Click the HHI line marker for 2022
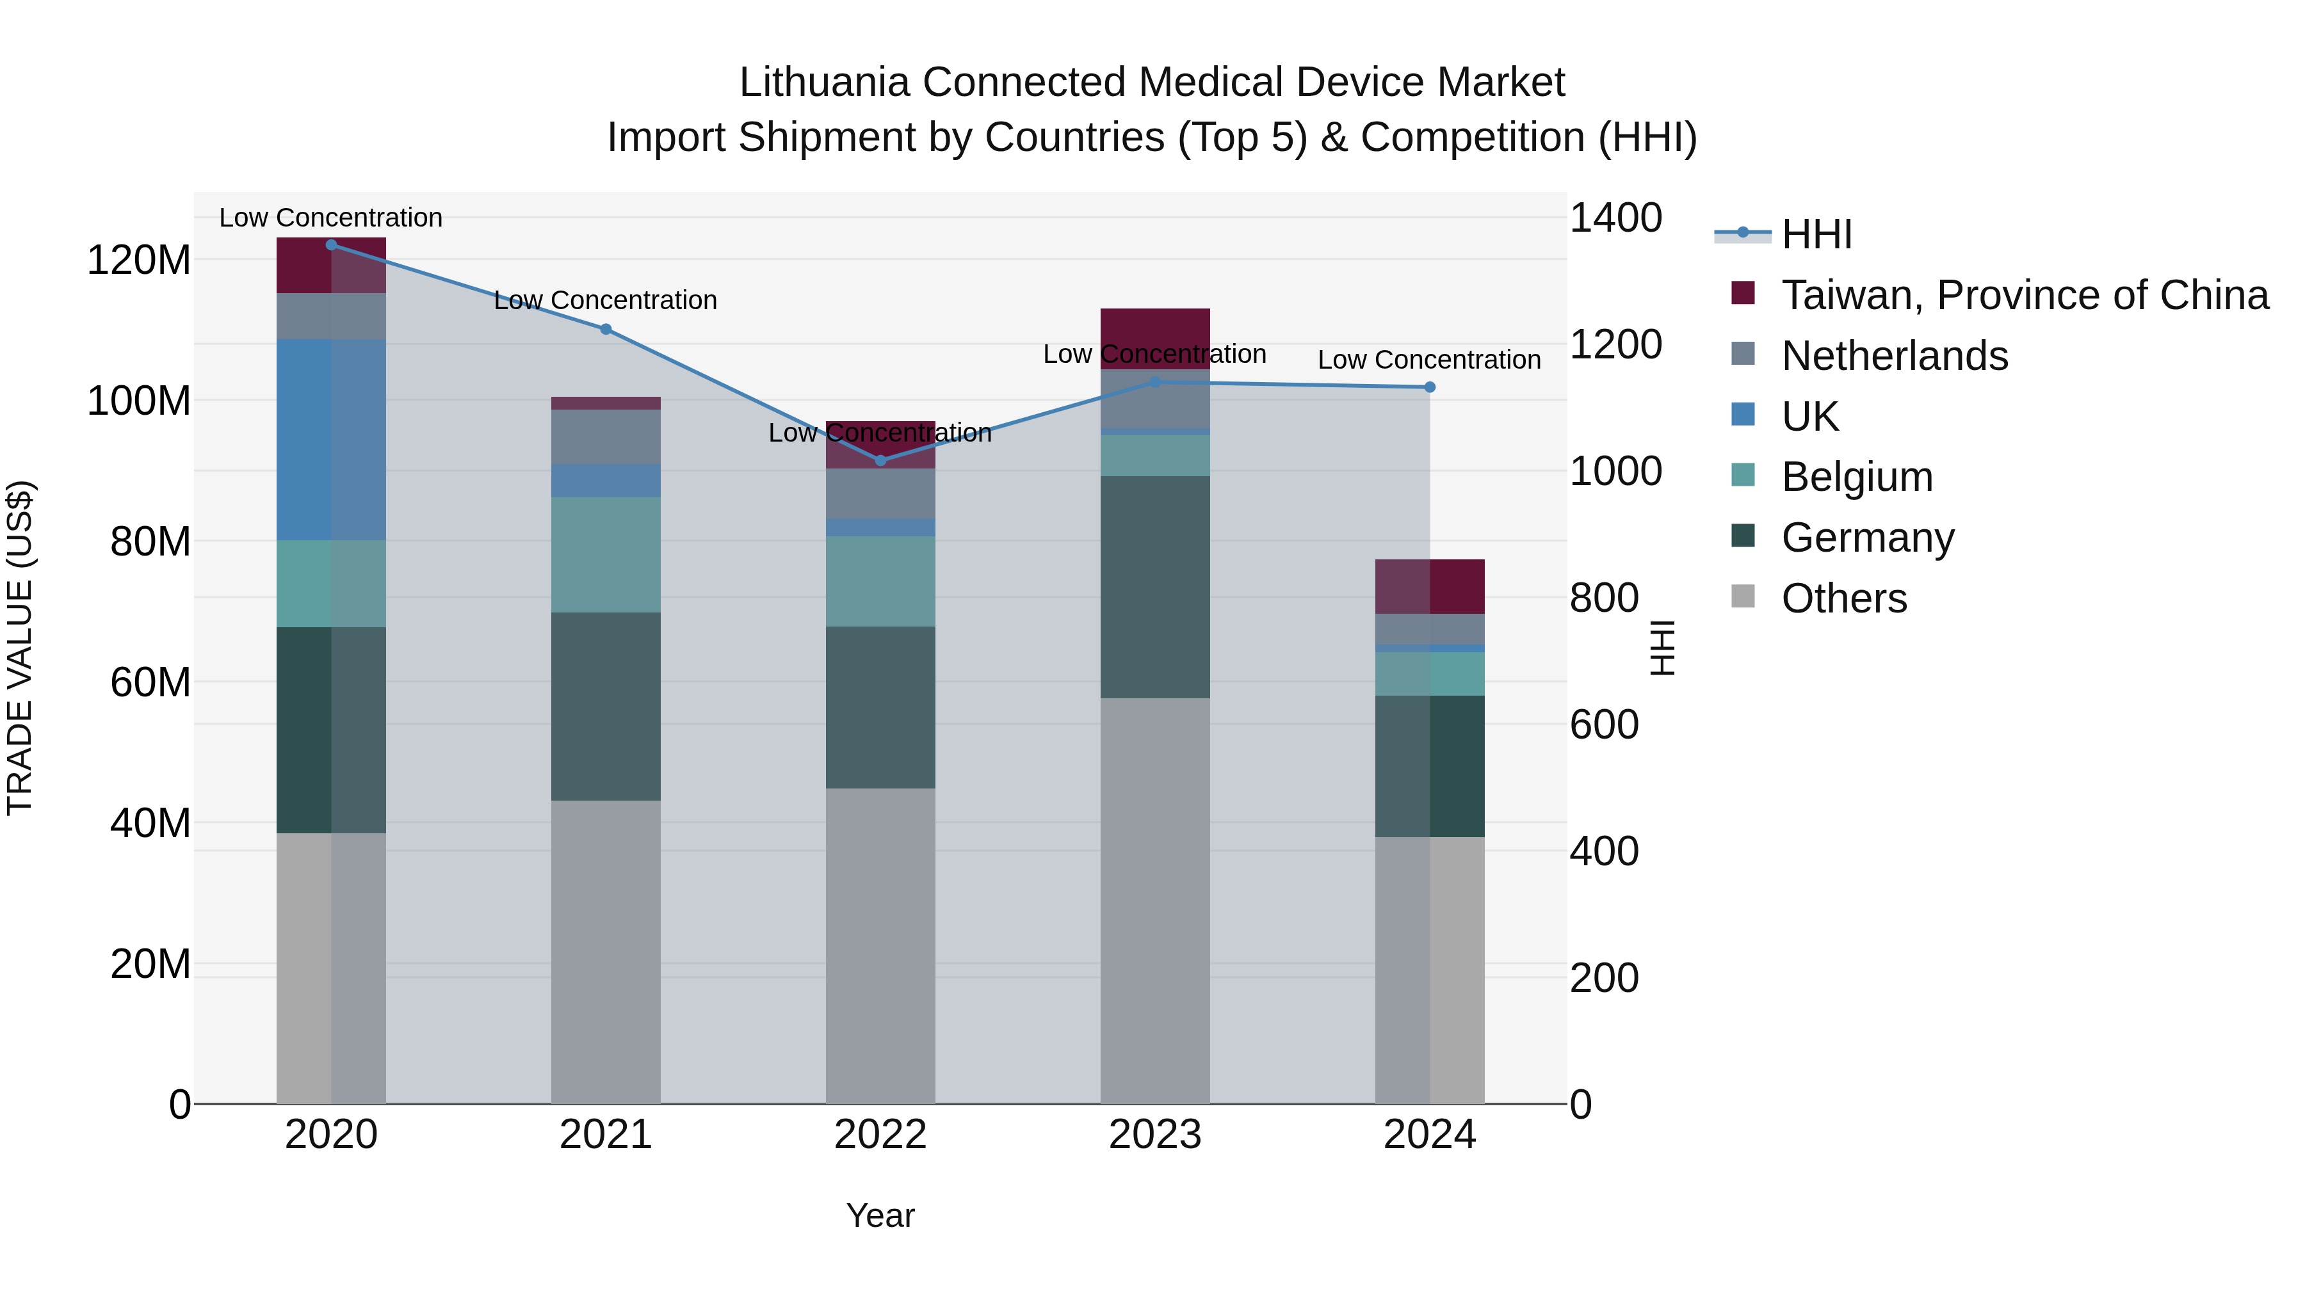point(880,461)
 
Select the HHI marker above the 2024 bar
point(1429,387)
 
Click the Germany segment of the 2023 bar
point(1154,587)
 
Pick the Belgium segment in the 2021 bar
point(605,554)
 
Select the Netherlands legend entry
point(1895,356)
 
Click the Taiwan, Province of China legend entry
point(2024,295)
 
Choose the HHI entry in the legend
point(1816,234)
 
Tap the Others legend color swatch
point(1742,596)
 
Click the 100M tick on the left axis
point(139,401)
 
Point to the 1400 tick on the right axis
point(1615,218)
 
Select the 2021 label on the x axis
point(605,1135)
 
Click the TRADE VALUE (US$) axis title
point(20,648)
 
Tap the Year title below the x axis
point(880,1215)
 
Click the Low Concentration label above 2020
point(330,218)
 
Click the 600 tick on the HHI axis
point(1603,724)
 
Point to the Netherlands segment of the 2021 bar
point(605,436)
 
